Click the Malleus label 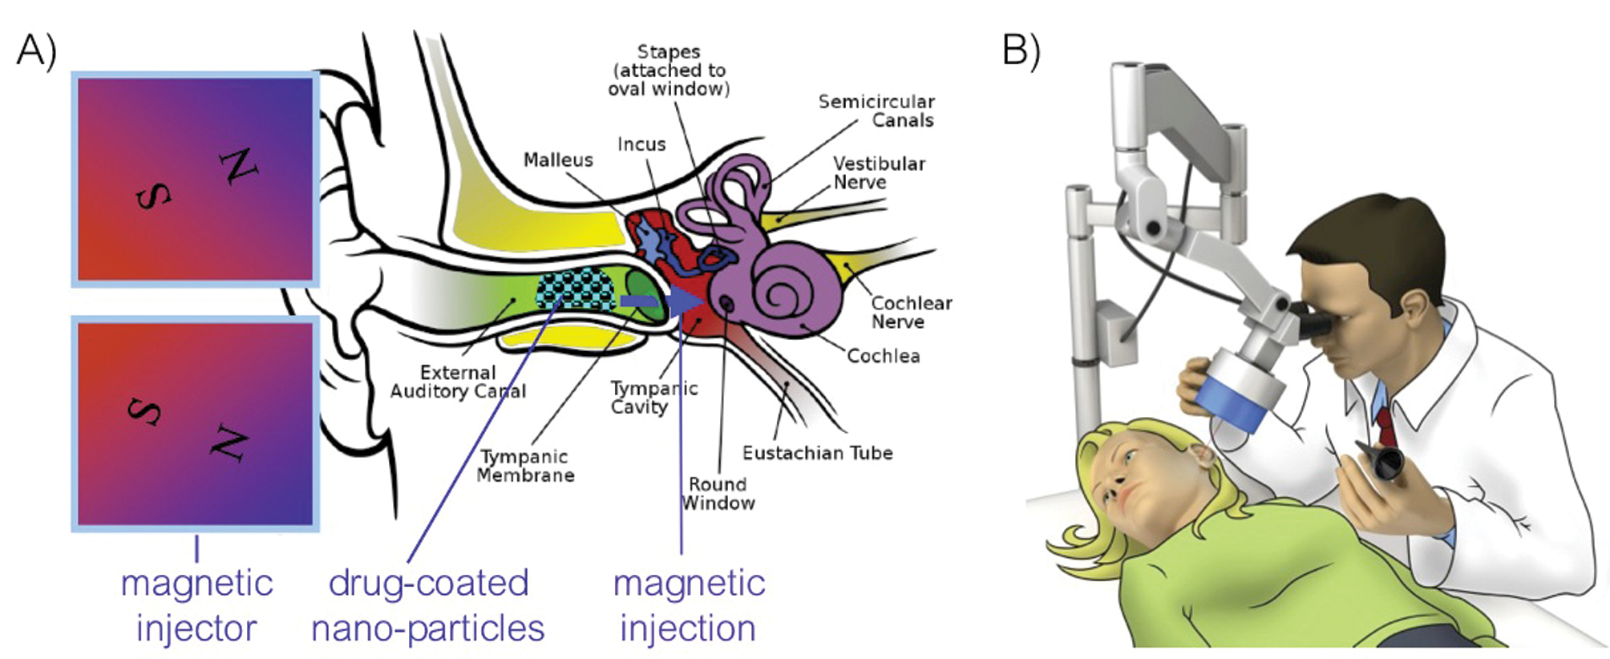pyautogui.click(x=558, y=160)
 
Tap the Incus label pyautogui.click(x=641, y=144)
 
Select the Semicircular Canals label pyautogui.click(x=876, y=111)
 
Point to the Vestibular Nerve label pyautogui.click(x=879, y=173)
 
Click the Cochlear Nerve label pyautogui.click(x=911, y=313)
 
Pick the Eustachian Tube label pyautogui.click(x=817, y=454)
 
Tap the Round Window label pyautogui.click(x=718, y=494)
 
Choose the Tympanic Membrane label pyautogui.click(x=525, y=466)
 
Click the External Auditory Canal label pyautogui.click(x=458, y=382)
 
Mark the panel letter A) pyautogui.click(x=36, y=50)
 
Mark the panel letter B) pyautogui.click(x=1021, y=50)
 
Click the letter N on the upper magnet pyautogui.click(x=240, y=167)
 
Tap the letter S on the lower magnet pyautogui.click(x=145, y=410)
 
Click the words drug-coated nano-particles pyautogui.click(x=428, y=606)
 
